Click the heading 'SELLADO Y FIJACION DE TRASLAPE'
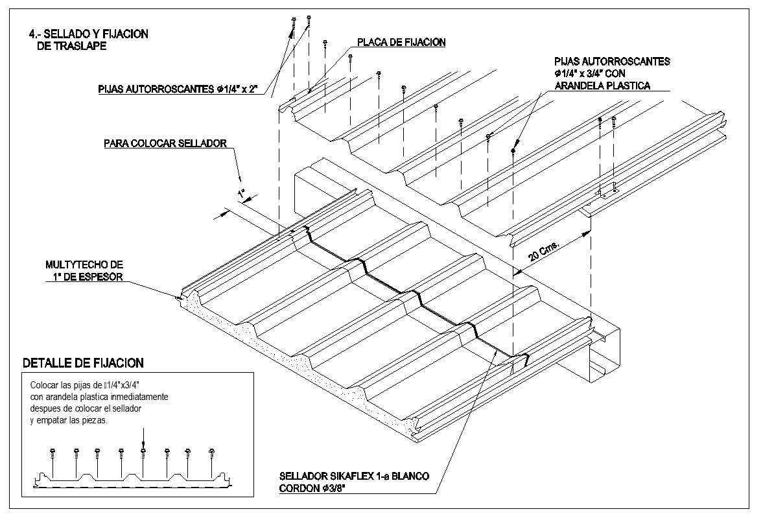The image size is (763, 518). coord(88,40)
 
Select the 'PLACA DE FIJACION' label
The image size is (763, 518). coord(401,43)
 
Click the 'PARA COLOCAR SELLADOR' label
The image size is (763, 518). coord(165,143)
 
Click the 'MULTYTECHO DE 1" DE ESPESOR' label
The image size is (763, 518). coord(84,271)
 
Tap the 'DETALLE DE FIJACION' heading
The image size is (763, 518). coord(83,363)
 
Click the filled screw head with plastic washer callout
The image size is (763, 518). coord(513,150)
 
